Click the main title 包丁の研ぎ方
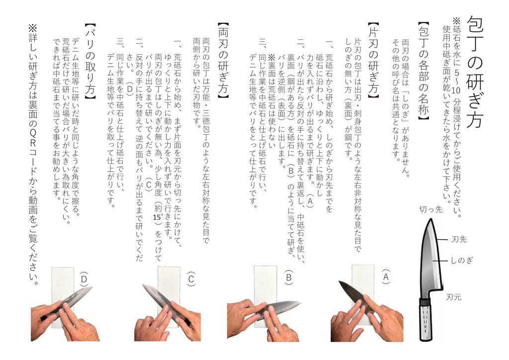(x=475, y=72)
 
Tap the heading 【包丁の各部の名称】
(x=424, y=72)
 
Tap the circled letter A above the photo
(x=386, y=276)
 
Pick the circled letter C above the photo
(x=191, y=278)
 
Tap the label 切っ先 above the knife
(x=430, y=209)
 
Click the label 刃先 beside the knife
(x=458, y=239)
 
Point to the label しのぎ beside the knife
(x=462, y=260)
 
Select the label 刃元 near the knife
(x=453, y=297)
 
